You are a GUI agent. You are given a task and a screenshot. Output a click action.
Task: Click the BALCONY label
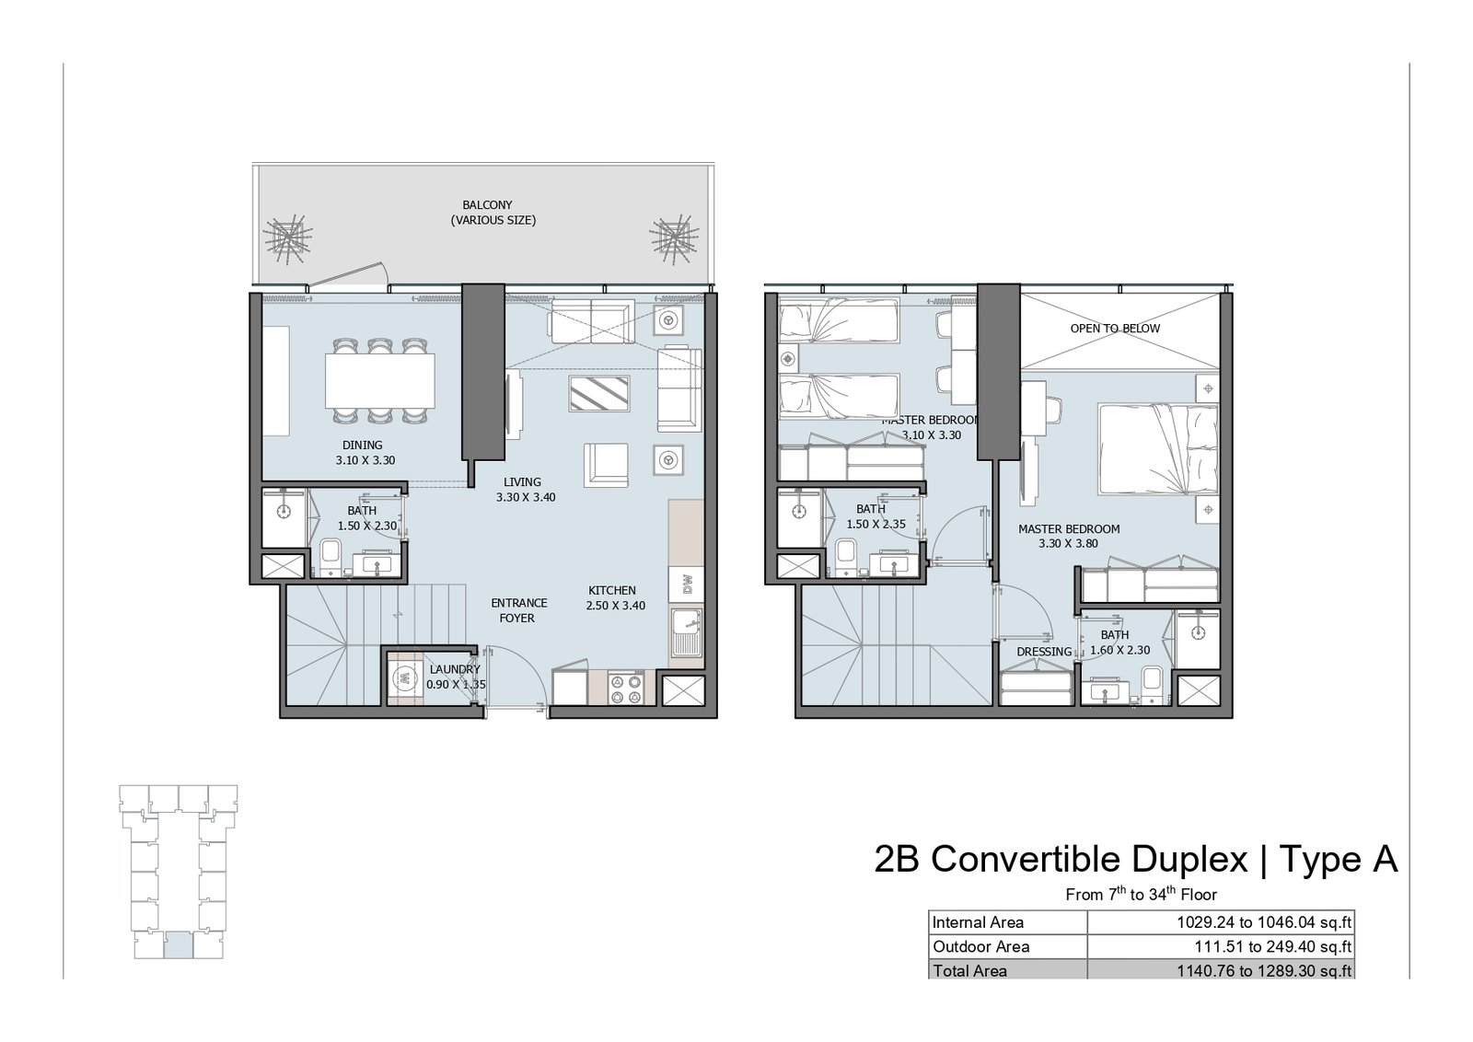click(x=487, y=205)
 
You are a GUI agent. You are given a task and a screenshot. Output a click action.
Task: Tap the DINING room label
click(x=362, y=446)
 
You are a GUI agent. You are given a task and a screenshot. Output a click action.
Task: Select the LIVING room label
click(x=522, y=482)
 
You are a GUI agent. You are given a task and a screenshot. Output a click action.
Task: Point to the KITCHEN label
click(x=611, y=590)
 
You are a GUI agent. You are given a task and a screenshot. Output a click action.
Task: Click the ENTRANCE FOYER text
click(x=519, y=610)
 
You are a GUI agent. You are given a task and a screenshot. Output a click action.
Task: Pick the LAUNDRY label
click(x=455, y=669)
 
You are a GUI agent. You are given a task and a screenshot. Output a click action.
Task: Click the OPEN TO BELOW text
click(x=1115, y=328)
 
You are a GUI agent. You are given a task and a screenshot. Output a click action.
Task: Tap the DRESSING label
click(x=1044, y=652)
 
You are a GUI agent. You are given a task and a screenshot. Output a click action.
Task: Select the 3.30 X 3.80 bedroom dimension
click(x=1069, y=544)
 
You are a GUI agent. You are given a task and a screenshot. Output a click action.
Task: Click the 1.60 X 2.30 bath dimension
click(x=1120, y=650)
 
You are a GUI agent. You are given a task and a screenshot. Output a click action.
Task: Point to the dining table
click(x=380, y=381)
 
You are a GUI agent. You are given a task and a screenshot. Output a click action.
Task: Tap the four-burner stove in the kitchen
click(x=625, y=689)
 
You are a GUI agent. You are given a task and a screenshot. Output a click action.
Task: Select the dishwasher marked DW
click(x=687, y=585)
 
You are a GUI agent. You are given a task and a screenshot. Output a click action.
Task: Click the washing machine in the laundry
click(x=401, y=678)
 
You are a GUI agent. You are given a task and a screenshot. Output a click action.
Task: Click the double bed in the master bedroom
click(x=1158, y=449)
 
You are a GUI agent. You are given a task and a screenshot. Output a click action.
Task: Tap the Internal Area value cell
click(x=1221, y=922)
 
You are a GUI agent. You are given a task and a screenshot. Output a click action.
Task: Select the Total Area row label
click(x=970, y=971)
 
